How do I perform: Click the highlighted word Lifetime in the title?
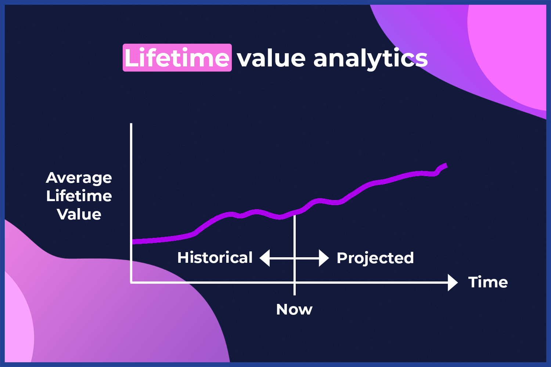[177, 58]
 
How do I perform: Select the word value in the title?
[271, 58]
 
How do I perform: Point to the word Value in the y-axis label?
[79, 214]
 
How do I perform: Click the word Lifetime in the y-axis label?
[79, 196]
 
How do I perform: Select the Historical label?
[215, 258]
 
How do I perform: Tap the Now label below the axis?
[294, 309]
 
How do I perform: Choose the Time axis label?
[488, 282]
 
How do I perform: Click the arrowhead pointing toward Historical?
[265, 258]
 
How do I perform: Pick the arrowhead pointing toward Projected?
[324, 258]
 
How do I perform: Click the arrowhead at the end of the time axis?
[453, 283]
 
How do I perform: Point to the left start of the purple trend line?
[133, 242]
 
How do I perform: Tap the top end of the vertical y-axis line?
[131, 124]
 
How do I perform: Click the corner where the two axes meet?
[131, 283]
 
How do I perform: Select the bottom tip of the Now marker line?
[295, 295]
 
